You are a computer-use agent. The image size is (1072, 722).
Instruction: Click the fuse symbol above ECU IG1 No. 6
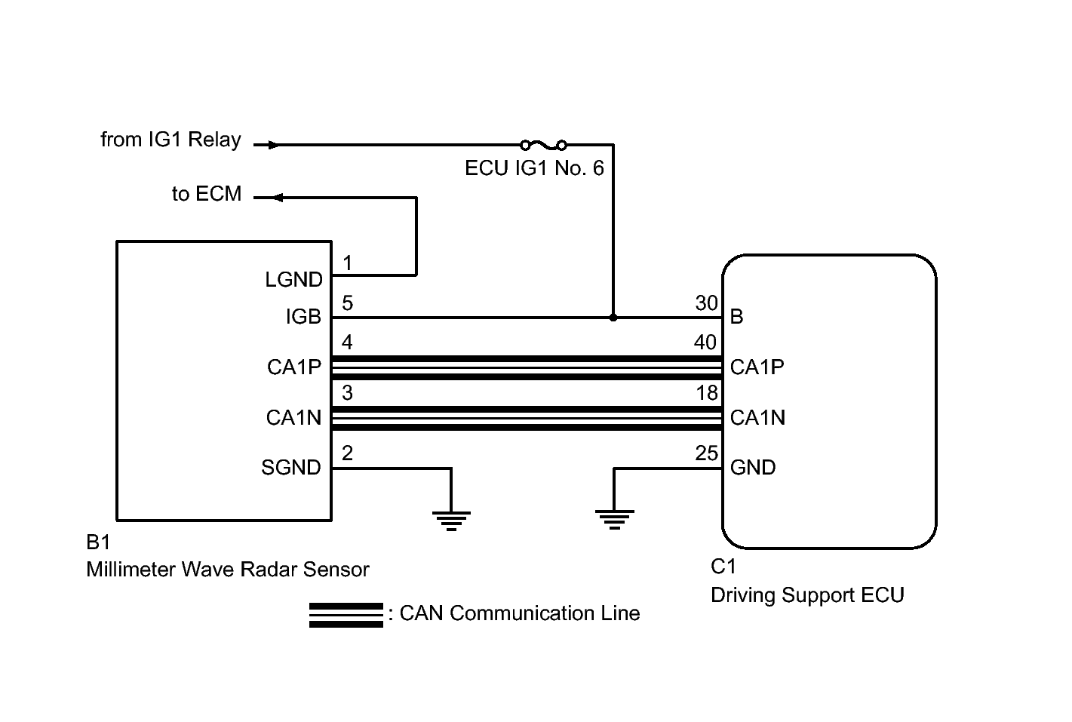click(543, 144)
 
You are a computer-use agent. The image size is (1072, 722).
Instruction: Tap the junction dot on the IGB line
click(613, 318)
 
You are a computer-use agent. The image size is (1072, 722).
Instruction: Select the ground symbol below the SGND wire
click(451, 520)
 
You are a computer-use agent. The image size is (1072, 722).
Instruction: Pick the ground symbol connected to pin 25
click(614, 520)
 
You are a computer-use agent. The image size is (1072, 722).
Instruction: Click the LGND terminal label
click(293, 280)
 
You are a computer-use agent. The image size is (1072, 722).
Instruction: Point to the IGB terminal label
click(303, 318)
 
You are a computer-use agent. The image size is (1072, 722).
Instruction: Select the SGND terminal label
click(291, 468)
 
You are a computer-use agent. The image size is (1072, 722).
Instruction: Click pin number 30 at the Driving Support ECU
click(706, 303)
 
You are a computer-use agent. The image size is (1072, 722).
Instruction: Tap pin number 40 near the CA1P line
click(705, 343)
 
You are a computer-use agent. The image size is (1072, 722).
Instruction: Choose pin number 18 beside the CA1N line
click(707, 393)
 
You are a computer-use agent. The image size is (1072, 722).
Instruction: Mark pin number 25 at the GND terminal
click(707, 453)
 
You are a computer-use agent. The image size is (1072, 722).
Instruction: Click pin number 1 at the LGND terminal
click(347, 263)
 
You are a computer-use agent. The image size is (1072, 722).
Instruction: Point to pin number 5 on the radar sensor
click(347, 303)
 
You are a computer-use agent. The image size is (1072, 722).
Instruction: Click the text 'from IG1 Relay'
click(170, 140)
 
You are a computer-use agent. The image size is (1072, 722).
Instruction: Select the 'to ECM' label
click(207, 194)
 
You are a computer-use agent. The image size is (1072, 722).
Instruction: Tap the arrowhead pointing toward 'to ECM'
click(277, 198)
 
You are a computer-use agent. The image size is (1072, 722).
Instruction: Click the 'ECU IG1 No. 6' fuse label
click(534, 168)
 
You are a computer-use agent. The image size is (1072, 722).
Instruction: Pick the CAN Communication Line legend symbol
click(346, 615)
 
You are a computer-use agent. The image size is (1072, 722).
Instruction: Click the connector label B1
click(98, 543)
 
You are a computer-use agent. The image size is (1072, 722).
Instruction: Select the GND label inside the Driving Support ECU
click(753, 468)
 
